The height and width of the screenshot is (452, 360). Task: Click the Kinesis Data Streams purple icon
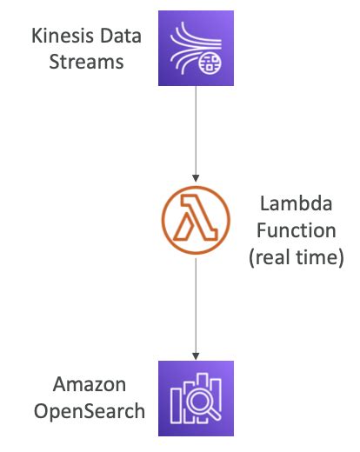(196, 49)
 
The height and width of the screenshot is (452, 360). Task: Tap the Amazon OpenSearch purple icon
(196, 399)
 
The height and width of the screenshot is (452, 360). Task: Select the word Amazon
(86, 385)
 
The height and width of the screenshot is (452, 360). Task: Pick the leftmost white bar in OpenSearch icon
(177, 402)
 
